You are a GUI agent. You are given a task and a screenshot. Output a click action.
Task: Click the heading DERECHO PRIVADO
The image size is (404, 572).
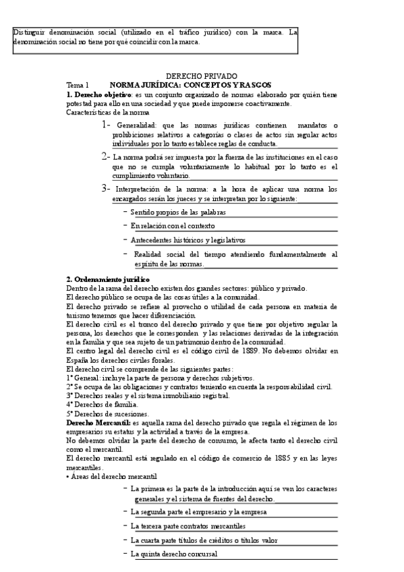pyautogui.click(x=202, y=76)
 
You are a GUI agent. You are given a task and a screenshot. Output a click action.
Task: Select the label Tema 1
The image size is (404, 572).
pyautogui.click(x=78, y=85)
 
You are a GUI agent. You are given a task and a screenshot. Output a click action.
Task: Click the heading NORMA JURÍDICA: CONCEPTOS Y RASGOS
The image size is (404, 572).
pyautogui.click(x=190, y=85)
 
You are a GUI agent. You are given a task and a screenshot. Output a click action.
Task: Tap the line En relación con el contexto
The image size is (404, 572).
pyautogui.click(x=173, y=225)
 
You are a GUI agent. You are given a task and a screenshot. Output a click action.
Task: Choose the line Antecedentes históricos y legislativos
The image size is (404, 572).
pyautogui.click(x=188, y=239)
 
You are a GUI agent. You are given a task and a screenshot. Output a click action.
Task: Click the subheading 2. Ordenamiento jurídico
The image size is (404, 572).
pyautogui.click(x=108, y=279)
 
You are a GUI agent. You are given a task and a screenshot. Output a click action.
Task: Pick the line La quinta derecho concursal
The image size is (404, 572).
pyautogui.click(x=174, y=554)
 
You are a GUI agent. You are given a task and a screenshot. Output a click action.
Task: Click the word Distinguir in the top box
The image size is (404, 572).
pyautogui.click(x=30, y=31)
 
